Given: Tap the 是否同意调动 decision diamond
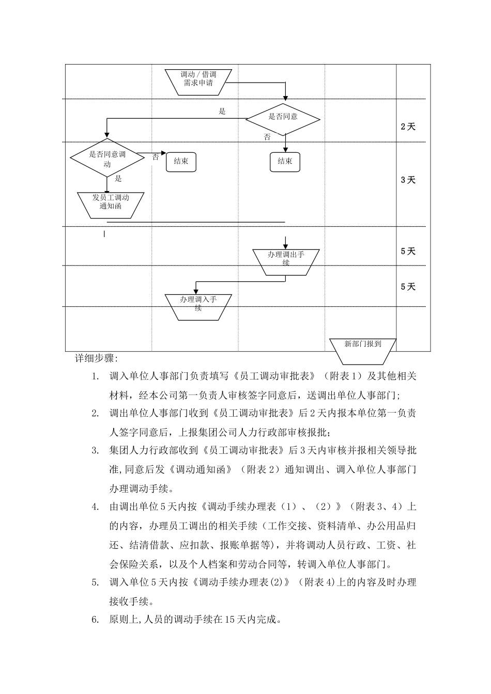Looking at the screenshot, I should (x=108, y=159).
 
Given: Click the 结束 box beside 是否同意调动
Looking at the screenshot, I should (x=181, y=162).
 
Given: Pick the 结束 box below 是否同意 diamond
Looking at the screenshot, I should (x=285, y=162).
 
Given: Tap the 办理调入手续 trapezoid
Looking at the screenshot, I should (x=198, y=304).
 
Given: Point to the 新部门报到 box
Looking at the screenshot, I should (x=363, y=344).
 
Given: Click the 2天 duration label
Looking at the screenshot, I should (x=408, y=127).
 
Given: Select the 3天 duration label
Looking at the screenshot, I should (x=408, y=180).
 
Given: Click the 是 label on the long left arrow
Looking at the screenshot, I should (x=222, y=112).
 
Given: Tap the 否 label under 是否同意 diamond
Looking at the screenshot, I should (x=267, y=137).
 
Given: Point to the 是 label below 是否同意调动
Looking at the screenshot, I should (x=118, y=179).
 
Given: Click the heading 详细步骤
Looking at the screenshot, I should (x=96, y=358).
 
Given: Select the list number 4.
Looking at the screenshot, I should (x=95, y=507).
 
